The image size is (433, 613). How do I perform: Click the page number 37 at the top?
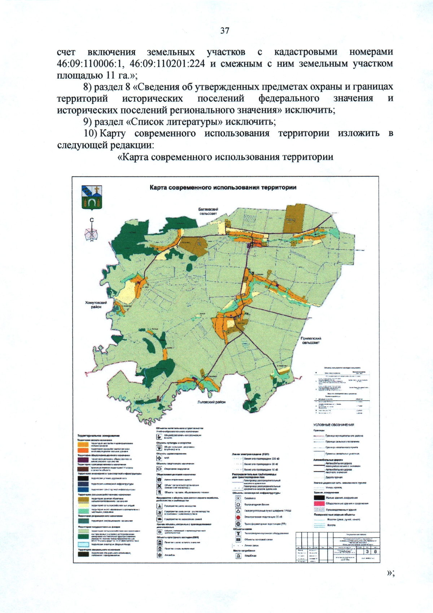point(225,31)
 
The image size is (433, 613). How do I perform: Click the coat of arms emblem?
point(92,198)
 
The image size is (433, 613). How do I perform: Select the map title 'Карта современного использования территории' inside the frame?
point(223,188)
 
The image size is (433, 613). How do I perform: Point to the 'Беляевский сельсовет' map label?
point(208,211)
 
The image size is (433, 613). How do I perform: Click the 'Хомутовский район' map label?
point(96,305)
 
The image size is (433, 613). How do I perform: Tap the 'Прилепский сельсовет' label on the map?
point(311,340)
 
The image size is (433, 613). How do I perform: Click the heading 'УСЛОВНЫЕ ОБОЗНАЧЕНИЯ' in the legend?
point(333,425)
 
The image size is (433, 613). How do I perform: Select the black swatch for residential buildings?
point(319,498)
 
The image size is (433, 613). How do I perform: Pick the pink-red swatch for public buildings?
point(319,503)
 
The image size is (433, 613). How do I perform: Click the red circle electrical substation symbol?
point(238,517)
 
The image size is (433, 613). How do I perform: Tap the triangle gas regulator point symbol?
point(238,511)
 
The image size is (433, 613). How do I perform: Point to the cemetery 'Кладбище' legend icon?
point(238,556)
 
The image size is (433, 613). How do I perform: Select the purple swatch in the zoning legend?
point(83,460)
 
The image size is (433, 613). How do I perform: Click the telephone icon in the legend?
point(159,480)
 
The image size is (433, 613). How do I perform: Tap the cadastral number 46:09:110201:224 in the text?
point(167,64)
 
